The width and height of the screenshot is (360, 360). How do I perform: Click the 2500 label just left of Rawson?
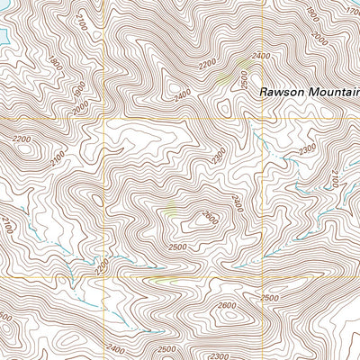244,79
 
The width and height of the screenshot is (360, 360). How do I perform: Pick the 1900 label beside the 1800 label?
77,90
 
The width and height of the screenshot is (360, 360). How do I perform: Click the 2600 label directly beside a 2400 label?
209,217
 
